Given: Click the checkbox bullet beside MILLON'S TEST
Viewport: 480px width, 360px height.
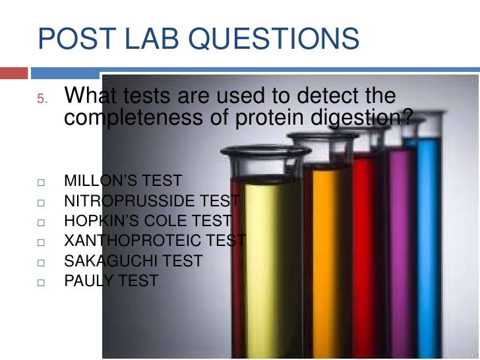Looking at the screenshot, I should point(41,181).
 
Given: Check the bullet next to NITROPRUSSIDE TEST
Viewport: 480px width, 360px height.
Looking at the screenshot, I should point(41,202).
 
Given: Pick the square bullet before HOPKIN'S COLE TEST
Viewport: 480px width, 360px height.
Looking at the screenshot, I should point(41,222).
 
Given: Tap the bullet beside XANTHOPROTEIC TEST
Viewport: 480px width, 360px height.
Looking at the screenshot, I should point(41,242).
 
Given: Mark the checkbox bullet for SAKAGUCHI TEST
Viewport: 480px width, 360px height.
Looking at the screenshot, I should point(41,262).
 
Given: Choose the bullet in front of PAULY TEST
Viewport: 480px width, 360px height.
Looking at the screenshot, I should point(41,282).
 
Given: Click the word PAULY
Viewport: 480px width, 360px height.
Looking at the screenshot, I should point(88,282).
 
